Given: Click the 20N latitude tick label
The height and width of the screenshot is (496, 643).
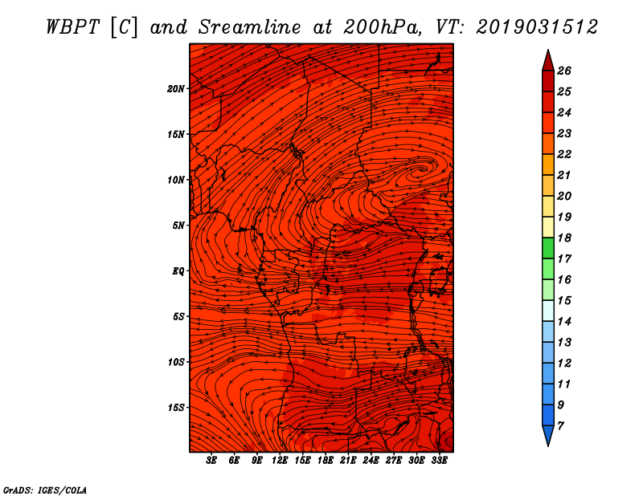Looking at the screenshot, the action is pyautogui.click(x=176, y=89).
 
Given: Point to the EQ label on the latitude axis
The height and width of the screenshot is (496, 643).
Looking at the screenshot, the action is pyautogui.click(x=178, y=271).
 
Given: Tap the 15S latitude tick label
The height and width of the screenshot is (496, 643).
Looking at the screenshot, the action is pyautogui.click(x=176, y=408).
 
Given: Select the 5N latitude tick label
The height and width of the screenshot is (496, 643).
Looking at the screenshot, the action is pyautogui.click(x=178, y=226).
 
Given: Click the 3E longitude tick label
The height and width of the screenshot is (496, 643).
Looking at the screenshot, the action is pyautogui.click(x=211, y=461).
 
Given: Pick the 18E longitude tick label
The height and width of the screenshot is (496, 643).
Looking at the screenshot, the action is pyautogui.click(x=326, y=461).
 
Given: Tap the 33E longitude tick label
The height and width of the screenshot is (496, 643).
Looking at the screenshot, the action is pyautogui.click(x=439, y=461).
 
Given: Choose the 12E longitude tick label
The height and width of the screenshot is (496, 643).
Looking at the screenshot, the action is pyautogui.click(x=280, y=461).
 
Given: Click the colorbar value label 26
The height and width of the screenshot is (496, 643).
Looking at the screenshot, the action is pyautogui.click(x=564, y=71).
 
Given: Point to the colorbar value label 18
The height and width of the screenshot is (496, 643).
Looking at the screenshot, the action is pyautogui.click(x=564, y=238).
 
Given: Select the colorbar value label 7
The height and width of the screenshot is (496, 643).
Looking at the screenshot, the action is pyautogui.click(x=560, y=426).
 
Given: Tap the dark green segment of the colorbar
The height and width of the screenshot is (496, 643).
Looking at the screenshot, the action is pyautogui.click(x=548, y=248).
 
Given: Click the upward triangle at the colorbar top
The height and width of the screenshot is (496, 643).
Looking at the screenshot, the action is pyautogui.click(x=548, y=61).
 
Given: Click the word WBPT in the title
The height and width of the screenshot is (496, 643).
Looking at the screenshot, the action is pyautogui.click(x=72, y=27).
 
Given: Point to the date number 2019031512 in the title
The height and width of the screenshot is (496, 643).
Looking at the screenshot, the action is pyautogui.click(x=537, y=27).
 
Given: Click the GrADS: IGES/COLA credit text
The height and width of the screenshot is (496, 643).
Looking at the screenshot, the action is pyautogui.click(x=45, y=490).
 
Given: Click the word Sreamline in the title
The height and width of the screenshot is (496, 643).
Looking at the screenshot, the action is pyautogui.click(x=250, y=27).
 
